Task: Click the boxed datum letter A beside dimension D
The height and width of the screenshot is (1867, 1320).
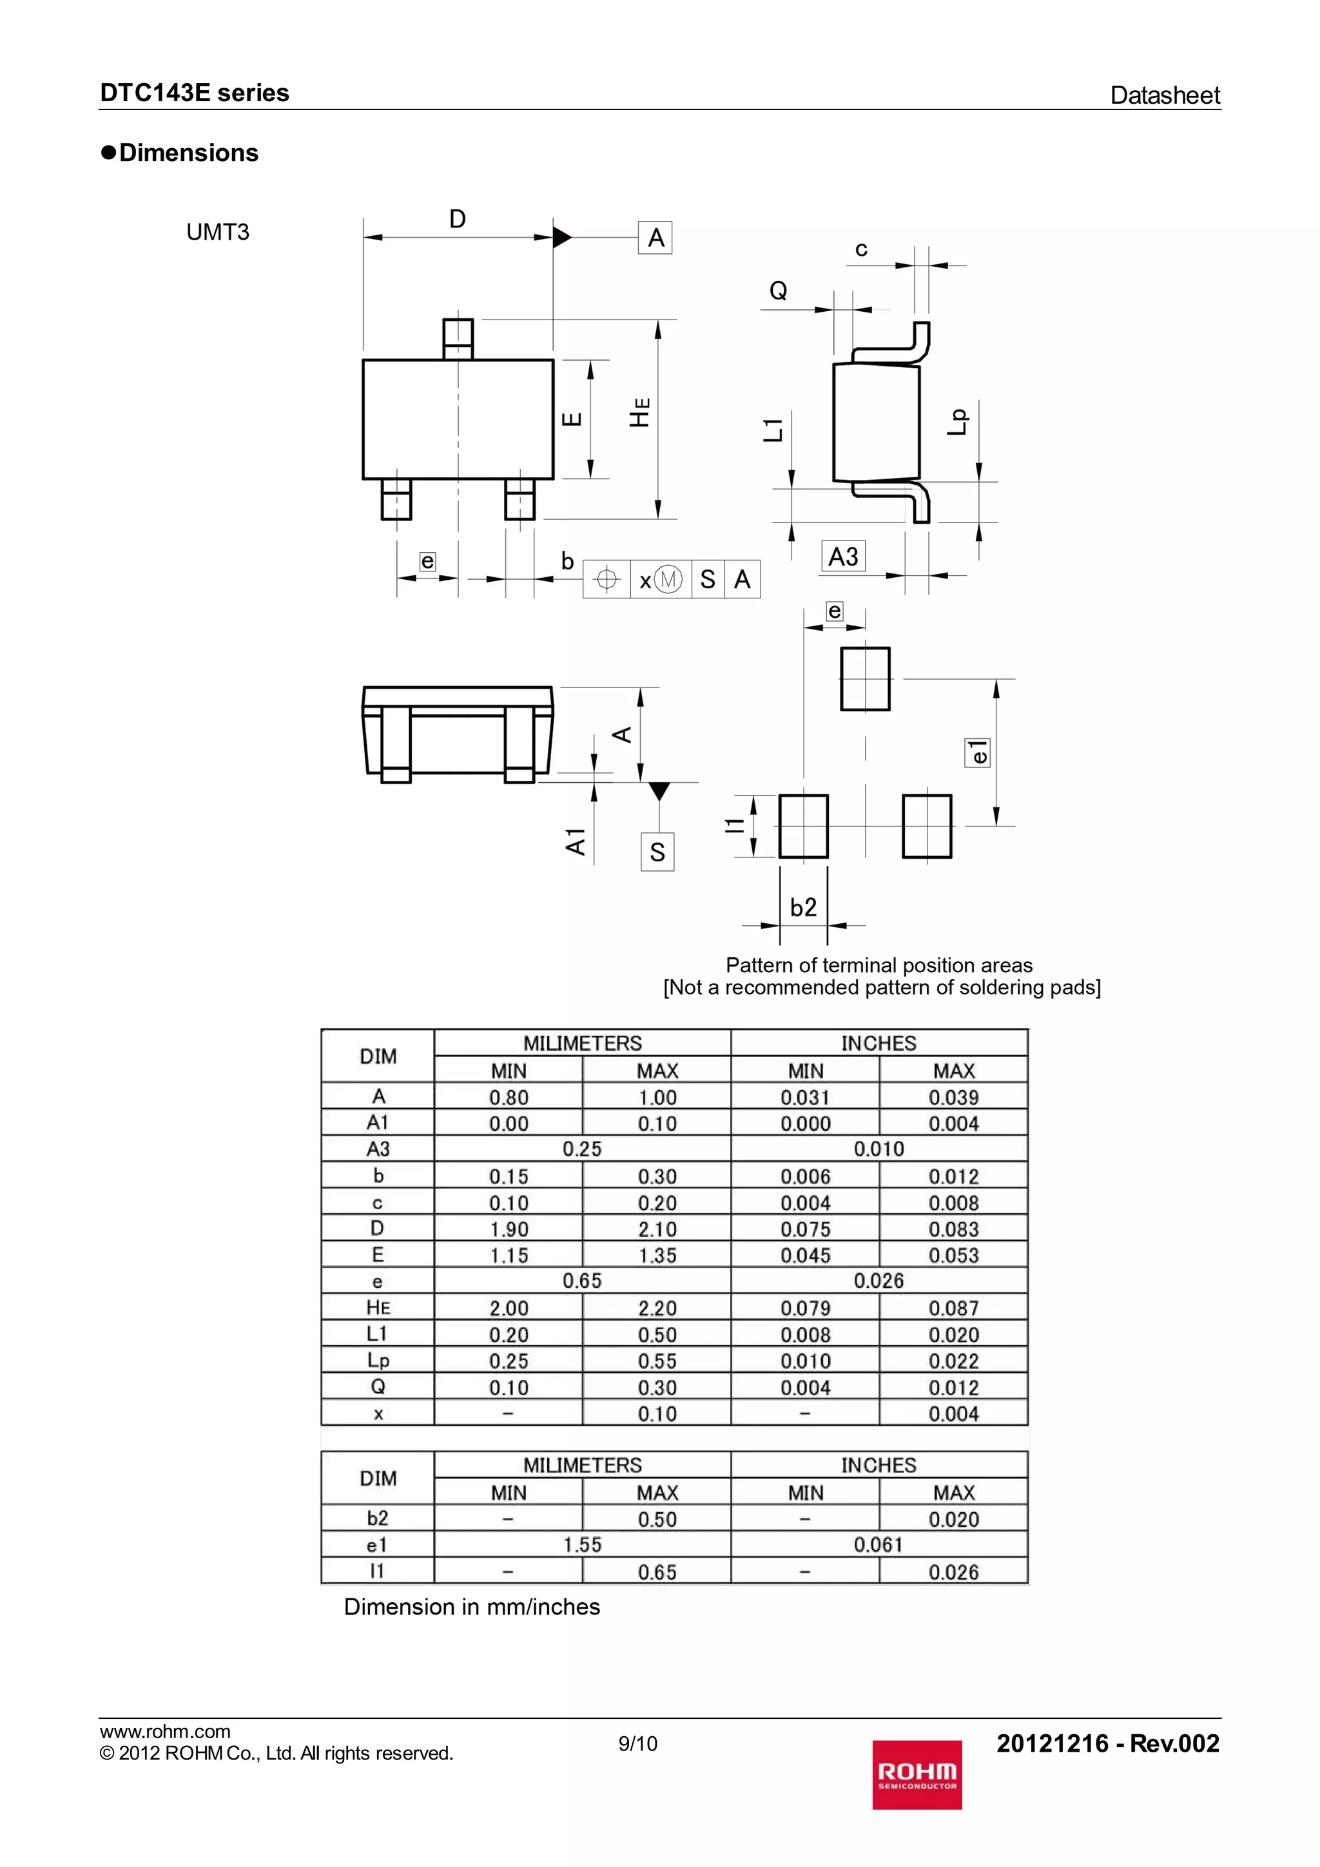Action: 655,238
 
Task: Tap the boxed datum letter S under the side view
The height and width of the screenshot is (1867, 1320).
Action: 657,852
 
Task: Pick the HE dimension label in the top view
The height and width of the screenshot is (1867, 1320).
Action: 640,412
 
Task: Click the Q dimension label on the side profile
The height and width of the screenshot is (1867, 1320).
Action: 779,291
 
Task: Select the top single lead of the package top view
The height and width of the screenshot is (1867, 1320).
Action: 458,338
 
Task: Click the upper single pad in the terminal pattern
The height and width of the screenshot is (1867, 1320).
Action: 866,678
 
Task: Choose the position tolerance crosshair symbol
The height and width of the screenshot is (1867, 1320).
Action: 606,580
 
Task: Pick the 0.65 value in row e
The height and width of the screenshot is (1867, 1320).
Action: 582,1281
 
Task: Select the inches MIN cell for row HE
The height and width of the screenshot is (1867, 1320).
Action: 805,1308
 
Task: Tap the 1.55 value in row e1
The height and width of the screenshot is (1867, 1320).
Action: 582,1545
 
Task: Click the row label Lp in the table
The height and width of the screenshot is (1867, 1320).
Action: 378,1361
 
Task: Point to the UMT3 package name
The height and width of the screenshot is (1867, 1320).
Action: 218,233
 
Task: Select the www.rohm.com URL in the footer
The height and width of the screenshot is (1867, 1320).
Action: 165,1732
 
